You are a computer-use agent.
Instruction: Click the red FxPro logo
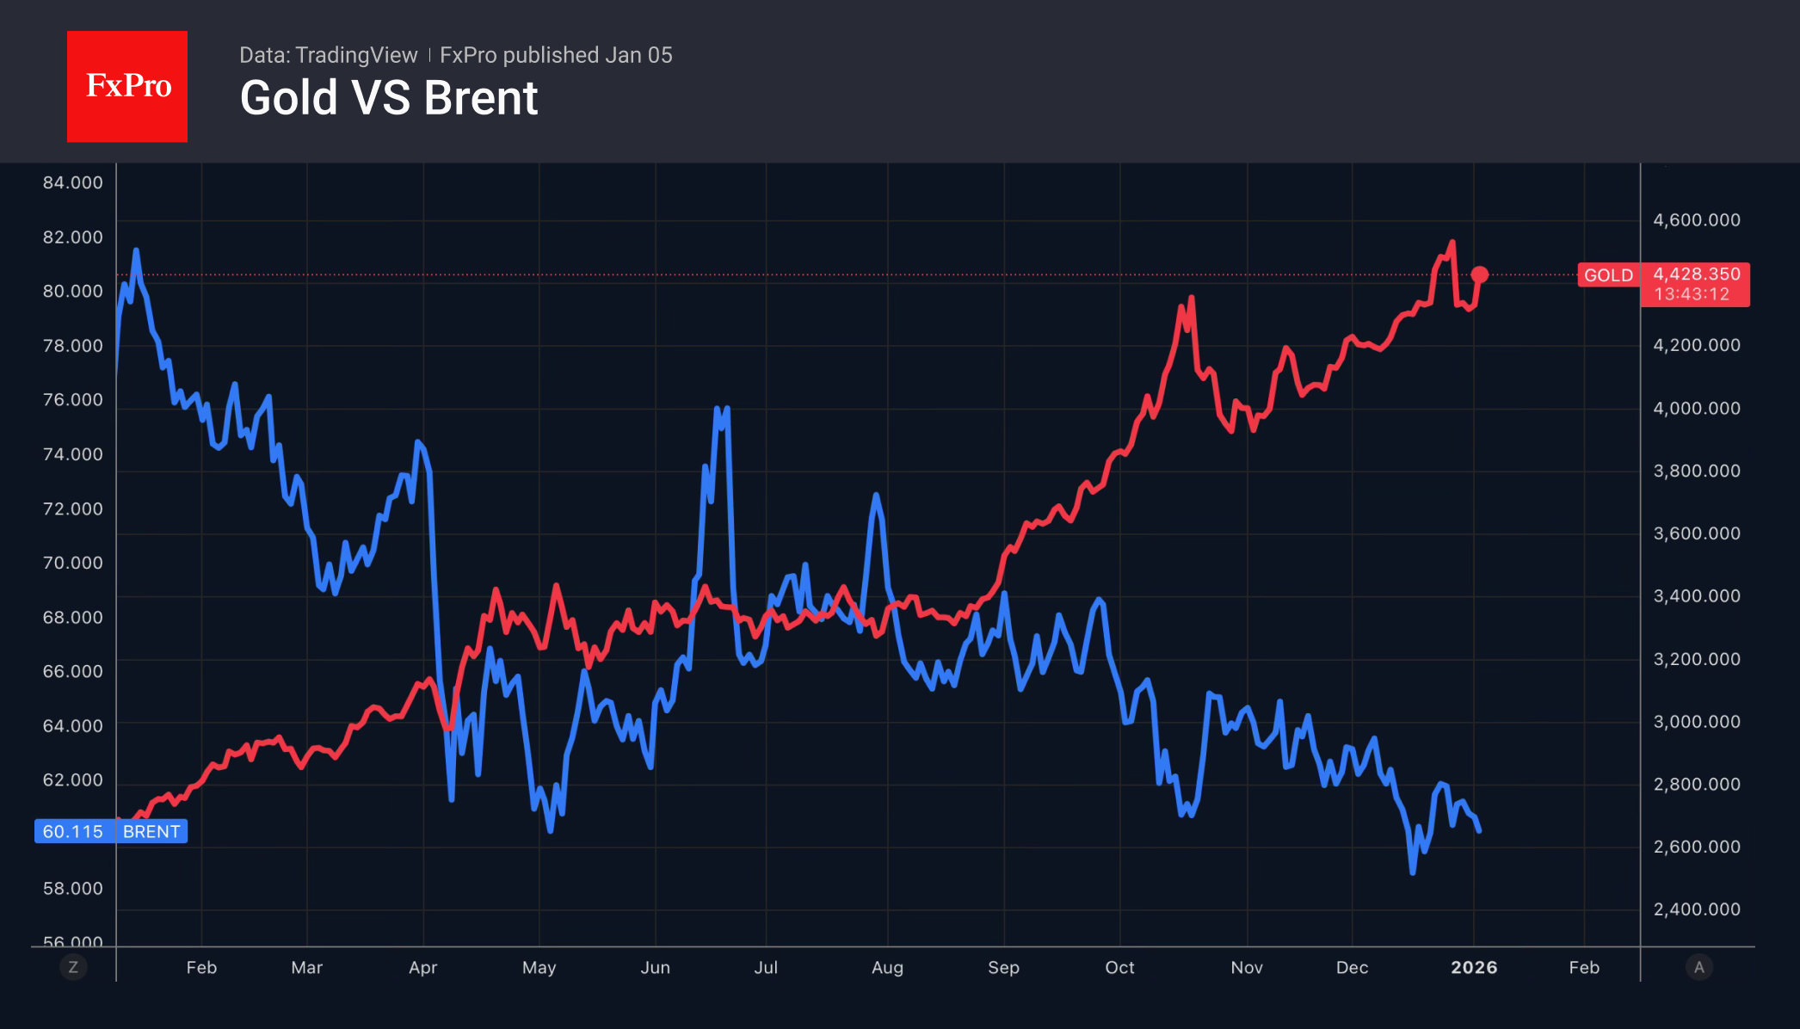[x=127, y=86]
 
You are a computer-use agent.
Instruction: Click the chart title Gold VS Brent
[x=388, y=98]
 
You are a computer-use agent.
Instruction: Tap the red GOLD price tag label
[x=1608, y=275]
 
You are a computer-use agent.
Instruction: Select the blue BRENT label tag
[x=151, y=832]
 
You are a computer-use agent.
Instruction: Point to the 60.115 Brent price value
[x=72, y=832]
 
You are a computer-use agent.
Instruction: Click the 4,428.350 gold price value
[x=1696, y=274]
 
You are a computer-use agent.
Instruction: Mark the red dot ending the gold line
[x=1479, y=274]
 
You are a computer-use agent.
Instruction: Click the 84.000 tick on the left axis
[x=72, y=182]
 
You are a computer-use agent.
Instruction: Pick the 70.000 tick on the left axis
[x=72, y=563]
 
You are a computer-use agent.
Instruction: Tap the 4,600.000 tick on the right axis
[x=1696, y=220]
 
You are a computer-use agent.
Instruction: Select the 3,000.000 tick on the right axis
[x=1696, y=722]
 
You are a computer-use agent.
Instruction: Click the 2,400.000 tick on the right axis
[x=1696, y=909]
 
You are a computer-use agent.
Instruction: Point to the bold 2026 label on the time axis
[x=1473, y=968]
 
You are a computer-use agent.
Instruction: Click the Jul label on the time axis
[x=766, y=968]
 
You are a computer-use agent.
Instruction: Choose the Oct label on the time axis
[x=1119, y=968]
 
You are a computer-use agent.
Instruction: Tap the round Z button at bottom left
[x=73, y=967]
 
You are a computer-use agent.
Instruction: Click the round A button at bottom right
[x=1698, y=967]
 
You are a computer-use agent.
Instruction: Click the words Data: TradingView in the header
[x=328, y=55]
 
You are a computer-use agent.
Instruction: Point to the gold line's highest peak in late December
[x=1452, y=243]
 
